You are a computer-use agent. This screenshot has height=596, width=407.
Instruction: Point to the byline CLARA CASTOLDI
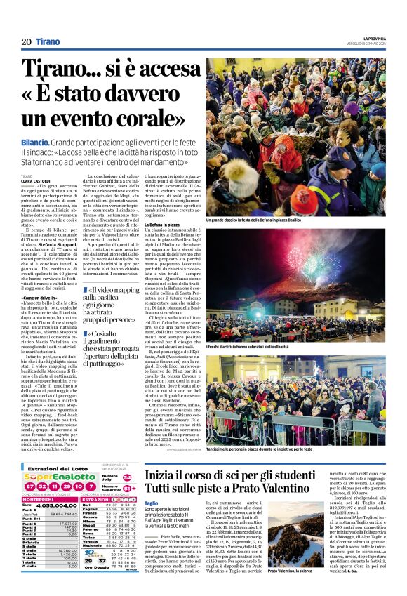click(x=36, y=180)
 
